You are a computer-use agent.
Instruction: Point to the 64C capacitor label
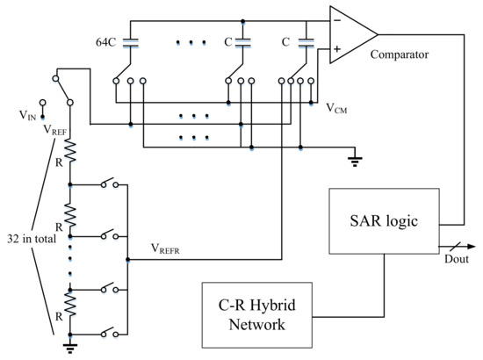(x=107, y=41)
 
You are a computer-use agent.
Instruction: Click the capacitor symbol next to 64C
(x=131, y=41)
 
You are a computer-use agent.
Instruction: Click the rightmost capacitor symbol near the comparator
(x=306, y=41)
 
